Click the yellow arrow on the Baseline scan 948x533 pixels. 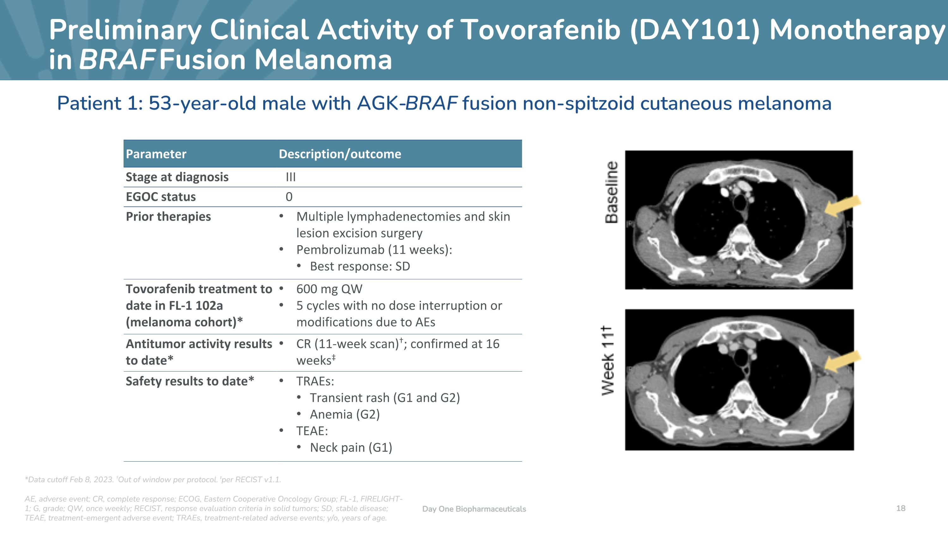pyautogui.click(x=842, y=206)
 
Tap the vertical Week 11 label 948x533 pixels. pyautogui.click(x=608, y=360)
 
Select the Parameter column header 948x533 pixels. pyautogui.click(x=156, y=154)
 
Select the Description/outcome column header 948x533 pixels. pyautogui.click(x=340, y=154)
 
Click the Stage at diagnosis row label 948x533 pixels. pyautogui.click(x=177, y=177)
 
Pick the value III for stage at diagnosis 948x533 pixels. pyautogui.click(x=291, y=177)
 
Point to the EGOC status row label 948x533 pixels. pyautogui.click(x=161, y=197)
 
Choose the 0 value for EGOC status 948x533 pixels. pyautogui.click(x=289, y=197)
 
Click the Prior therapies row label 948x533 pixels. pyautogui.click(x=168, y=217)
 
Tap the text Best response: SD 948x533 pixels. pyautogui.click(x=360, y=266)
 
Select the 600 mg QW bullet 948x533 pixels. pyautogui.click(x=329, y=289)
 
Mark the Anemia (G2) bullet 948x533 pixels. pyautogui.click(x=345, y=415)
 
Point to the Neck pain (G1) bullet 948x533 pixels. pyautogui.click(x=351, y=448)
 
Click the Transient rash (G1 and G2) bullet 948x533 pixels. pyautogui.click(x=385, y=398)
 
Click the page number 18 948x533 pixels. pyautogui.click(x=901, y=508)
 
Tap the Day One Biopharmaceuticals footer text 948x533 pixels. pyautogui.click(x=474, y=509)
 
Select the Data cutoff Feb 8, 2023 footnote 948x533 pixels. pyautogui.click(x=69, y=480)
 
